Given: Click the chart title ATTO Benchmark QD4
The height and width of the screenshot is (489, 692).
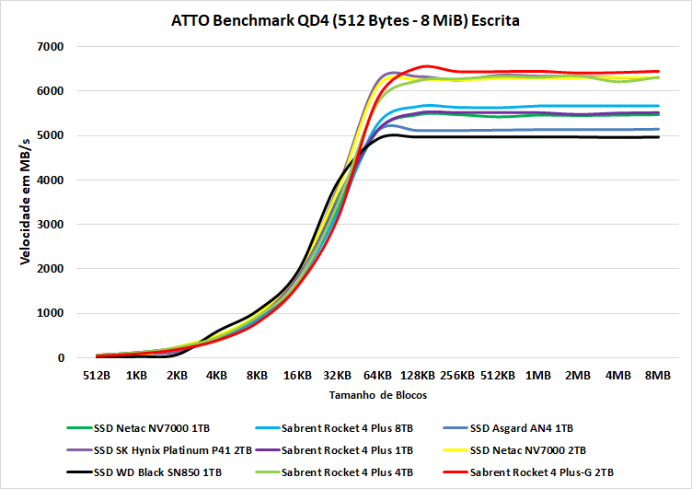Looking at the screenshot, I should [345, 19].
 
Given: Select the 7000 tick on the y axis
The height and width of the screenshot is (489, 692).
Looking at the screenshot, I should [47, 46].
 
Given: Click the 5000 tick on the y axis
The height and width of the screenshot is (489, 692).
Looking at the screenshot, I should [47, 135].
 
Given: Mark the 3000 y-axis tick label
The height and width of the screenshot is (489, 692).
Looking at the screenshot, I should [47, 225].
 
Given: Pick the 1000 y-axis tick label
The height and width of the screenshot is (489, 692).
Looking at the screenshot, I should [47, 313].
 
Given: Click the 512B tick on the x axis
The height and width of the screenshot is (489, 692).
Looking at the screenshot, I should [97, 376].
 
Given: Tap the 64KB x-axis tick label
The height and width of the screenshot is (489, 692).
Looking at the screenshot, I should [376, 376].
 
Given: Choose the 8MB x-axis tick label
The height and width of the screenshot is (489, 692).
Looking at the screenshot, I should [657, 376].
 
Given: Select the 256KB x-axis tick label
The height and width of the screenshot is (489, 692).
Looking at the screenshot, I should [456, 376].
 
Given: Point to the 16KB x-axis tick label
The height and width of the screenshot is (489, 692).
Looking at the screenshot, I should [296, 376].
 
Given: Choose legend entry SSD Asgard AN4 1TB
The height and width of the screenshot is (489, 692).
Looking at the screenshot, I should [521, 427].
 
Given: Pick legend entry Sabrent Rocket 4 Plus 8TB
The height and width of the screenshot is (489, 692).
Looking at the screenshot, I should [349, 427].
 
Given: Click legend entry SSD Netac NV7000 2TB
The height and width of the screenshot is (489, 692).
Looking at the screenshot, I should [527, 450].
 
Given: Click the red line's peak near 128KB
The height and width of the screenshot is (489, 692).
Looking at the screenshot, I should [426, 66].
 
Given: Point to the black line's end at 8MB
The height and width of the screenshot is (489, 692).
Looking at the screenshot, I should [659, 137].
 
